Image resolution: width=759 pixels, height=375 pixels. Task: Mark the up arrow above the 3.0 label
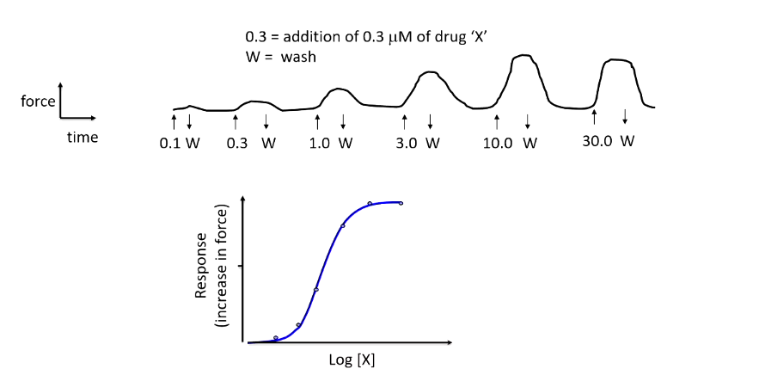click(404, 120)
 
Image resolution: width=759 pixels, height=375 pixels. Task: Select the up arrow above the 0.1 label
click(174, 120)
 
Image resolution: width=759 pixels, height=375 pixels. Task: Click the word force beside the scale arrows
click(38, 101)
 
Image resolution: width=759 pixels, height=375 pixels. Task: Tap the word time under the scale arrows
click(83, 137)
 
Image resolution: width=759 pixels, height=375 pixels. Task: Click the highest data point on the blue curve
click(401, 203)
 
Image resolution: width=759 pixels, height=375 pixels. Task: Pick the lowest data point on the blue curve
click(275, 338)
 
